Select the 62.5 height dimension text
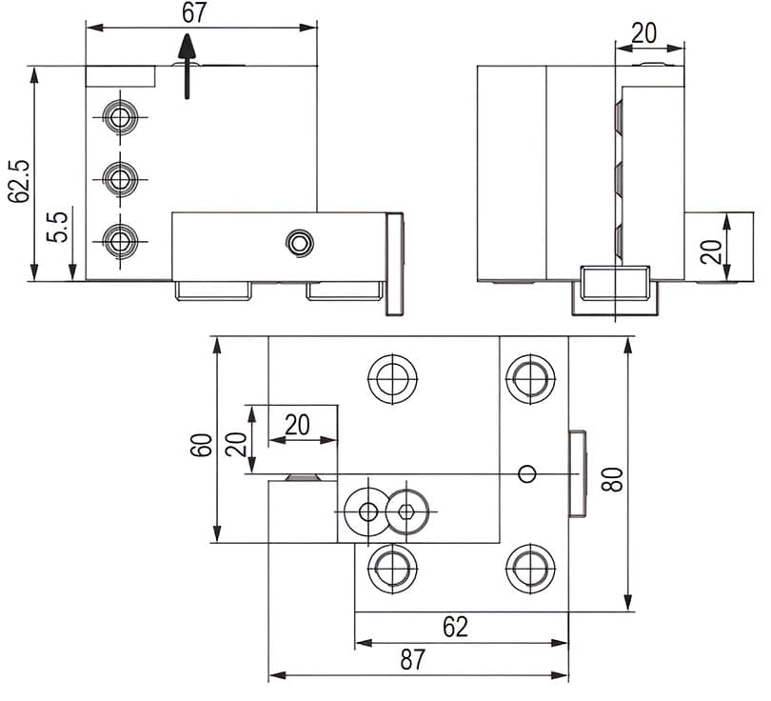coord(18,181)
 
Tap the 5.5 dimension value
coord(58,226)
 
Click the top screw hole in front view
coord(119,117)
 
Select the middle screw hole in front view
coord(119,176)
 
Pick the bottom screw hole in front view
coord(119,239)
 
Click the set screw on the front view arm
coord(299,243)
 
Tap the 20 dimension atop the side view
coord(644,32)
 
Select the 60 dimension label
coord(202,445)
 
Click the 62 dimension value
coord(455,627)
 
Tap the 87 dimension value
coord(413,660)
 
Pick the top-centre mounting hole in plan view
coord(391,379)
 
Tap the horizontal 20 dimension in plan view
coord(298,424)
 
